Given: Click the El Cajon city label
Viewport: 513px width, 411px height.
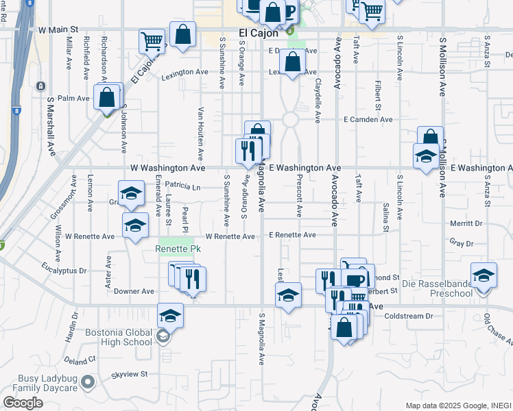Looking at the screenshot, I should pos(259,32).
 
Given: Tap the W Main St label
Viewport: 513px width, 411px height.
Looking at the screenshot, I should pos(58,30).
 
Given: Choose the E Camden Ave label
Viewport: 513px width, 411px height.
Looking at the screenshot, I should pos(368,119).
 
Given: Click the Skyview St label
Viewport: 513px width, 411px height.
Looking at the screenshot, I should pos(130,375).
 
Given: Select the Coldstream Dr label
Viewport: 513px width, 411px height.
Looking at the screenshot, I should pos(409,316).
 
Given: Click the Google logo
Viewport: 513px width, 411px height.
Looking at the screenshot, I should pos(23,403).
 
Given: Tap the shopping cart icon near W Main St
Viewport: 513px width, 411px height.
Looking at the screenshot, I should pos(152,40).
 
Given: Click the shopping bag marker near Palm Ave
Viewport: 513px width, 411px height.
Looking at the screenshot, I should pos(108,97).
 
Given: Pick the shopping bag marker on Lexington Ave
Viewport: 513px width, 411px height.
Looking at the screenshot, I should pos(293,61).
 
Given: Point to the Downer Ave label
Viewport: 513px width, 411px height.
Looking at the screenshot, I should pos(134,291).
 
